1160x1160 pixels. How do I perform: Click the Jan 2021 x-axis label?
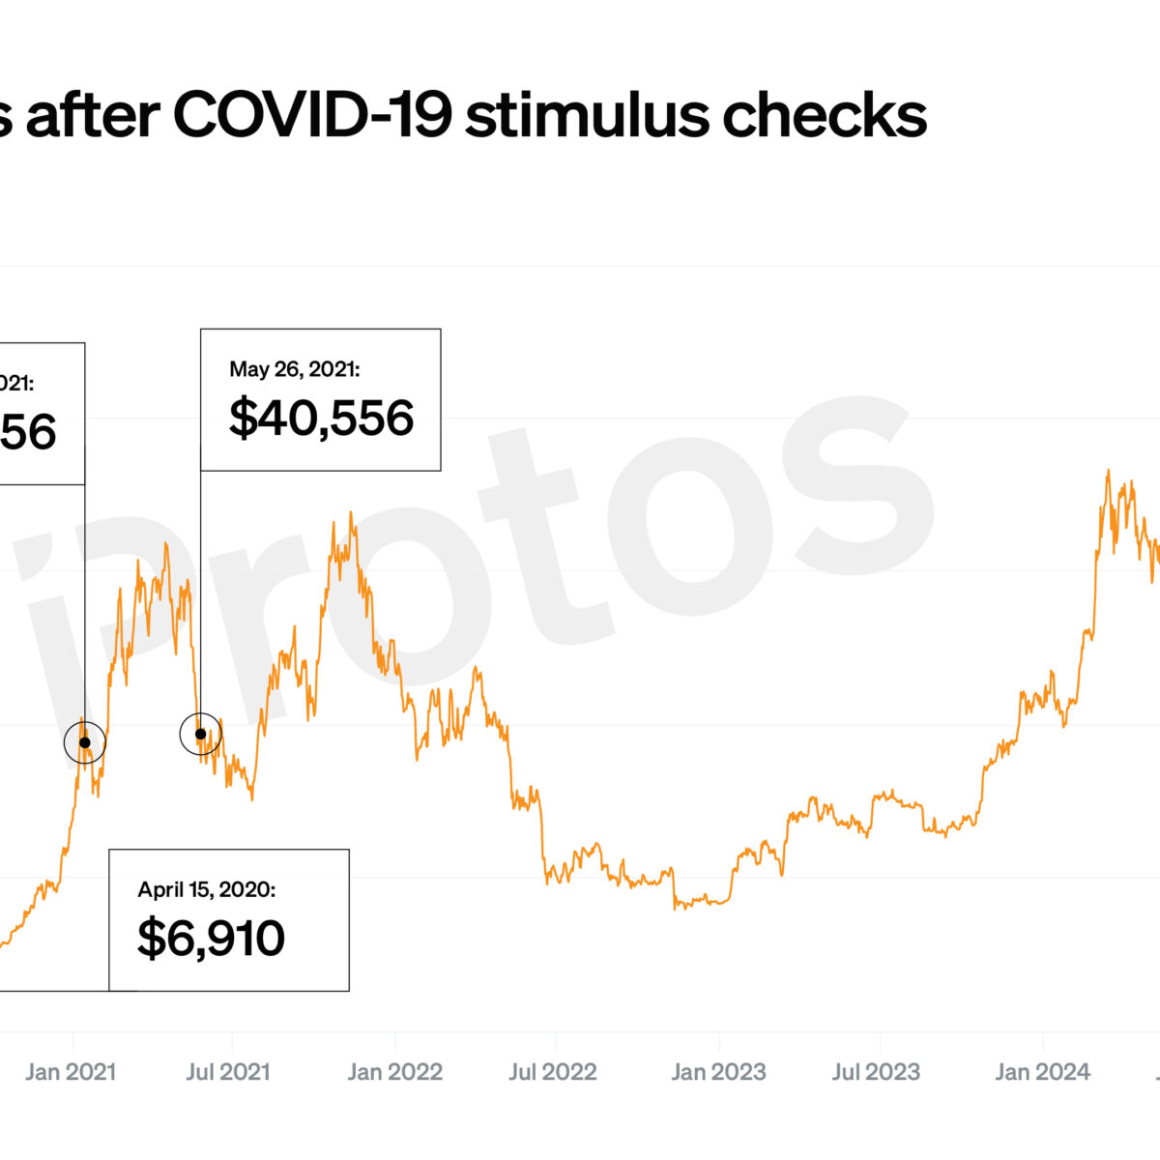tap(71, 1071)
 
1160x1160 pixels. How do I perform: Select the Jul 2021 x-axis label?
tap(228, 1071)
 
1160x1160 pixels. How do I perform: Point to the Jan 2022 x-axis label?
tap(394, 1071)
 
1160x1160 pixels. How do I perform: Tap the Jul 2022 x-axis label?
tap(553, 1071)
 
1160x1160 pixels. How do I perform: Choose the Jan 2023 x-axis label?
tap(718, 1071)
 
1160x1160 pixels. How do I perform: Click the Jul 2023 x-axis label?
tap(876, 1071)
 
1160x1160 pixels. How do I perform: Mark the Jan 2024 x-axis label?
tap(1042, 1071)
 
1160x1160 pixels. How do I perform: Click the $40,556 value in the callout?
tap(321, 418)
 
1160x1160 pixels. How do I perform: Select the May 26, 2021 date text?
tap(294, 369)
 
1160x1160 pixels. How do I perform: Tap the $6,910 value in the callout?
tap(211, 938)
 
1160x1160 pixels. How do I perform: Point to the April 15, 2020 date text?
tap(206, 889)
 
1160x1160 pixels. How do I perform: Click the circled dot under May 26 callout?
tap(200, 735)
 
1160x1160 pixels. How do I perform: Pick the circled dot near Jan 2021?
tap(85, 742)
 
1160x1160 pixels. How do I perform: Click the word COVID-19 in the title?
tap(311, 116)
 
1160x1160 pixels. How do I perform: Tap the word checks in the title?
tap(825, 116)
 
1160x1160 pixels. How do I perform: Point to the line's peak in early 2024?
tap(1108, 472)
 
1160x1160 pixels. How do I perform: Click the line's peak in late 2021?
tap(353, 514)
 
